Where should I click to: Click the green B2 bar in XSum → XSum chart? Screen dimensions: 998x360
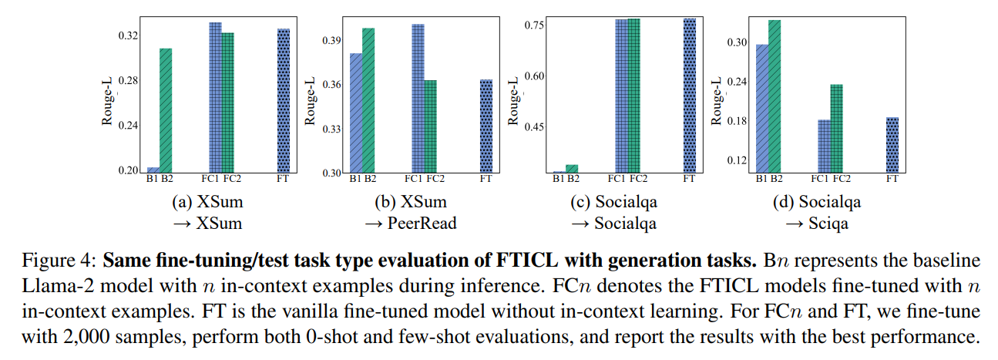(x=166, y=110)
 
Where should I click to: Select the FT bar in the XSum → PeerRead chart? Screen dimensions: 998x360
(x=486, y=126)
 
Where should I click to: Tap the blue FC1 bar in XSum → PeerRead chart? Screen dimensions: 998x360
(x=418, y=99)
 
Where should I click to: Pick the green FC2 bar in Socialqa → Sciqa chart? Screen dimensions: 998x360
(x=836, y=128)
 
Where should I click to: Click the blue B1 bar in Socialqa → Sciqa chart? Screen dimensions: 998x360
(x=762, y=108)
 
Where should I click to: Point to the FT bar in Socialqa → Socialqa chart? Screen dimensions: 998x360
(x=689, y=96)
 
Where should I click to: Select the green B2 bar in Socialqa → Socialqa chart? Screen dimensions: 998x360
(x=572, y=169)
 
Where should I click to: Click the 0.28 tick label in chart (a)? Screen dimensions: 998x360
(x=128, y=81)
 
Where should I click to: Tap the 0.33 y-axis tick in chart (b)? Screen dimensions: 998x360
(x=331, y=130)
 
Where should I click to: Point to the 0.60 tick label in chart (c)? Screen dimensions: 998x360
(x=534, y=76)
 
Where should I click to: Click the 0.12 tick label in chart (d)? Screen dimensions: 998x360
(x=737, y=160)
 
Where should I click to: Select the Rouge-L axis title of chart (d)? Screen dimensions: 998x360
(x=716, y=101)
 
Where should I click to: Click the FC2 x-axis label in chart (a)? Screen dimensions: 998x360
(x=232, y=179)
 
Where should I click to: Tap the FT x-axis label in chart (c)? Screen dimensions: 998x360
(x=689, y=179)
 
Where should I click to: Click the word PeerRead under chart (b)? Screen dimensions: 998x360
(x=422, y=223)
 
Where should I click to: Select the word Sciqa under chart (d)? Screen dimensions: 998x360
(x=828, y=224)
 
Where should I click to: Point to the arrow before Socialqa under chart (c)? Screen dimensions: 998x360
(x=580, y=224)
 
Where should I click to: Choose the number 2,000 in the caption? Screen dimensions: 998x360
(x=86, y=337)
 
